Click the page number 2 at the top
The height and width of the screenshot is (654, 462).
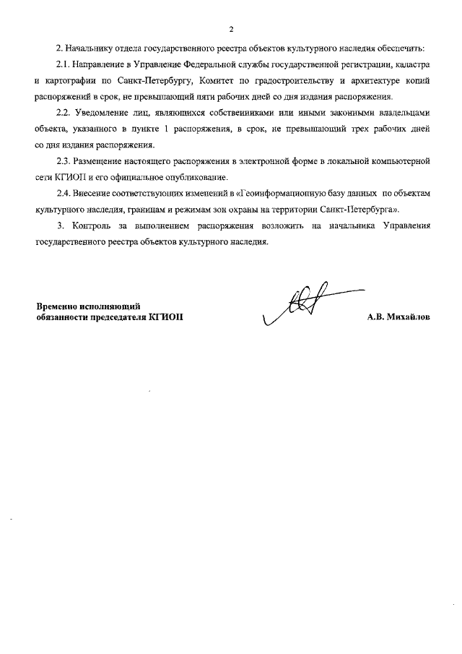point(231,30)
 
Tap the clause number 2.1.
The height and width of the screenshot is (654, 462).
point(64,65)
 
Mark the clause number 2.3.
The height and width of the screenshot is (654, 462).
point(64,160)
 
